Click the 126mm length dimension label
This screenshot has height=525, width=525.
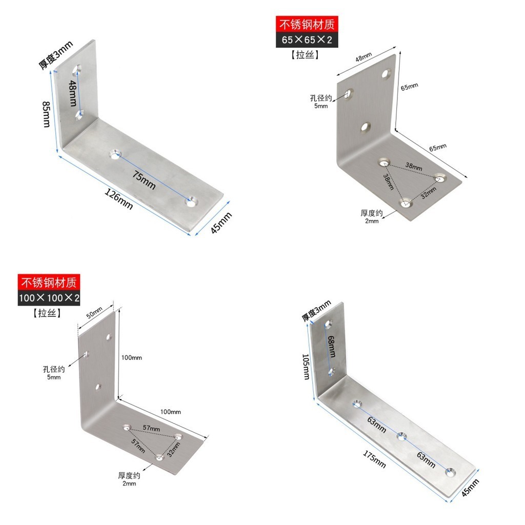(x=118, y=199)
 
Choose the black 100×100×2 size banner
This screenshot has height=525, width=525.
(x=50, y=297)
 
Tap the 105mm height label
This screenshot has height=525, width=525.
(x=306, y=366)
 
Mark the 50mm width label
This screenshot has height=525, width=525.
(x=94, y=312)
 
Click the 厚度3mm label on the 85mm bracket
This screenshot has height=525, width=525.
(x=56, y=55)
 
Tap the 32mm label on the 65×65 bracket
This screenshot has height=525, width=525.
(x=428, y=193)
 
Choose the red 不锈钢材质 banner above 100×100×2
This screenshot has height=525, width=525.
(x=50, y=281)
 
